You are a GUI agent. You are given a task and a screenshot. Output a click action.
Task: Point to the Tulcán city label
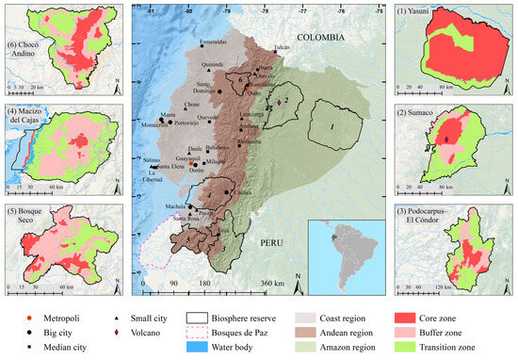(282, 45)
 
